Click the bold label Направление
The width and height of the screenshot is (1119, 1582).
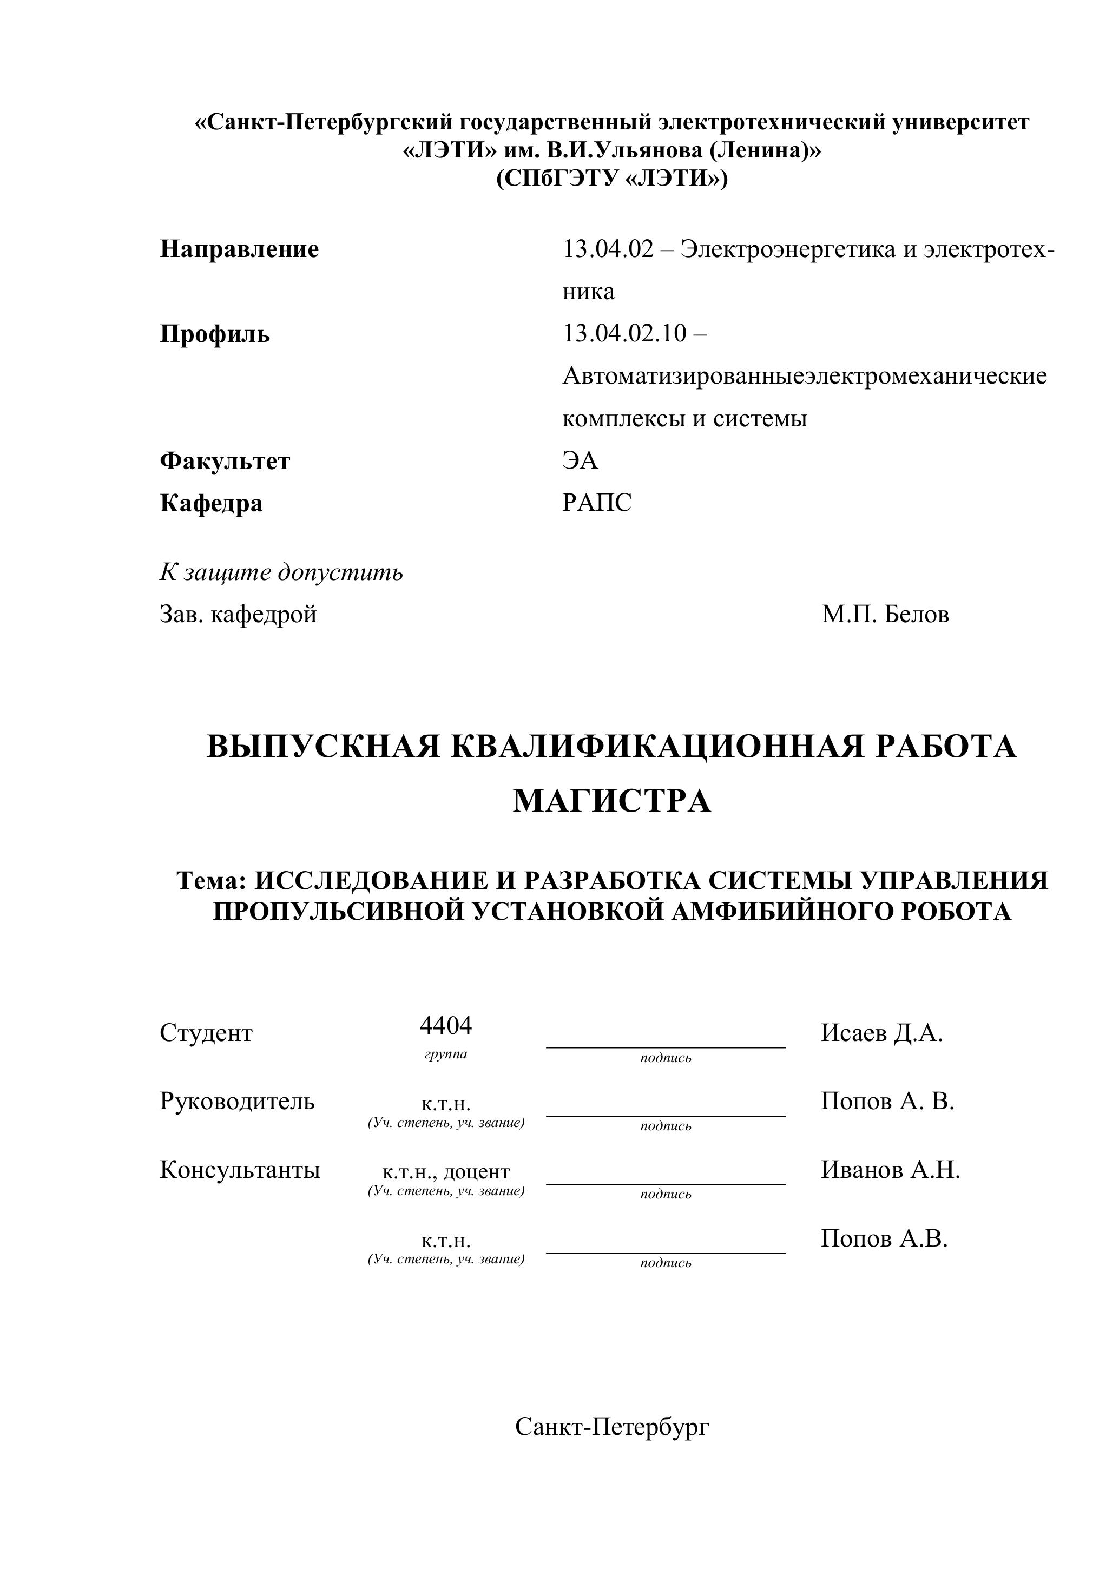click(239, 249)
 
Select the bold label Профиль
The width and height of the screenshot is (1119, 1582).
click(215, 334)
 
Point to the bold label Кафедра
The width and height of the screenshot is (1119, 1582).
click(211, 503)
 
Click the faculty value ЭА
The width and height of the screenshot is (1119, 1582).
click(580, 460)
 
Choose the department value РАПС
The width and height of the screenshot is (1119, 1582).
click(597, 503)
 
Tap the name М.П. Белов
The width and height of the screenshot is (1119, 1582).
click(885, 614)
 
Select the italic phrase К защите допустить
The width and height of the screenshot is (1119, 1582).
click(281, 572)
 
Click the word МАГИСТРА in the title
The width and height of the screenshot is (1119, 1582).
click(612, 801)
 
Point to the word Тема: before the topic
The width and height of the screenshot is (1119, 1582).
click(212, 881)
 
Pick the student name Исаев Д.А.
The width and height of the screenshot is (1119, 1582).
click(881, 1033)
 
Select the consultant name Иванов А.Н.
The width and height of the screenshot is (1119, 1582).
click(890, 1169)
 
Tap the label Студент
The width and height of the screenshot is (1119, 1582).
click(206, 1033)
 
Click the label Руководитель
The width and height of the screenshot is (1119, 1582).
click(237, 1101)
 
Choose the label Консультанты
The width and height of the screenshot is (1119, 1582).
click(240, 1169)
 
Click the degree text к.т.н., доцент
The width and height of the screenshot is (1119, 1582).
click(446, 1171)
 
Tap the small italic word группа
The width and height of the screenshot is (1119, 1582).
click(446, 1054)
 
